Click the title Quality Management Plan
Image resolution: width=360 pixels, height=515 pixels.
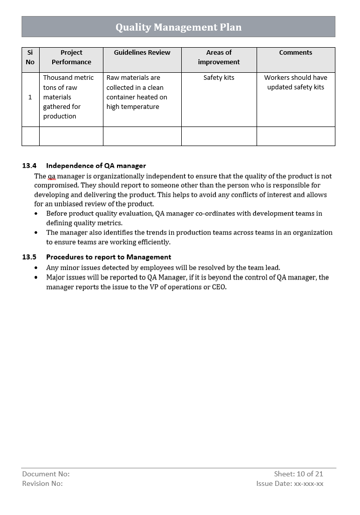[178, 27]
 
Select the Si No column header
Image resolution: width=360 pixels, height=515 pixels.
[30, 57]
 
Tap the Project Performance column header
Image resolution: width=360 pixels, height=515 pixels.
[71, 57]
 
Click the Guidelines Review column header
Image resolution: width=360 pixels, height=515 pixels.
[142, 53]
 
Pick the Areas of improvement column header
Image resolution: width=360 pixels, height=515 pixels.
[218, 57]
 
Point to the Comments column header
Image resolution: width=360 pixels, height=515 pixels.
[295, 53]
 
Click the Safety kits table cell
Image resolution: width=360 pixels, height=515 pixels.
[218, 78]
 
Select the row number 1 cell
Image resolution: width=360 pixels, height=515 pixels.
[30, 97]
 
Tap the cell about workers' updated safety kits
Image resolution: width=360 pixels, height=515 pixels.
[295, 82]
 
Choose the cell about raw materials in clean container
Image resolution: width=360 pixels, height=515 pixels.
[137, 92]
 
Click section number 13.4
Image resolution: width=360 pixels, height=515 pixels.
[29, 166]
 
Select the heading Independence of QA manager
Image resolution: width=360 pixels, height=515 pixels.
[96, 166]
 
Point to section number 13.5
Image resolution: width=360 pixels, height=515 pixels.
[29, 257]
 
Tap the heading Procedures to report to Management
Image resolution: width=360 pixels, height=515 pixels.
[108, 257]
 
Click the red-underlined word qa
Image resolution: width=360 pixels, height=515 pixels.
[52, 177]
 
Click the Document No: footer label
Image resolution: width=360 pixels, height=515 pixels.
[46, 474]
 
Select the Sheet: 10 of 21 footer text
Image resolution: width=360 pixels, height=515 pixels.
[298, 474]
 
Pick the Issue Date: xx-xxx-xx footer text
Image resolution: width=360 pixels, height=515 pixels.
[290, 483]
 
